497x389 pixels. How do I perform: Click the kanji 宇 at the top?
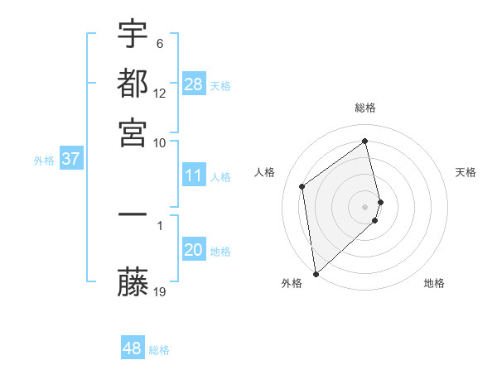133,35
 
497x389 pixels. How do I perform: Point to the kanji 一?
133,216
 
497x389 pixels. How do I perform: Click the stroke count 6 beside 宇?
159,43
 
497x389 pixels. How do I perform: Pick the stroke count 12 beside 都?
160,93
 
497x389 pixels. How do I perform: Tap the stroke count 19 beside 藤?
160,291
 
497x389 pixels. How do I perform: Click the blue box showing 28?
194,84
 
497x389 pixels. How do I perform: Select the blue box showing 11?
194,175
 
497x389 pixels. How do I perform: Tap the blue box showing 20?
194,251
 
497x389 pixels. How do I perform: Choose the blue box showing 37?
70,159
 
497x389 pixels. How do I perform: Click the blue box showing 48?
133,348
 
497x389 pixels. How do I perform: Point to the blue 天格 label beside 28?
220,86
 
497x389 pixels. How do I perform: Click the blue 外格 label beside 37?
44,161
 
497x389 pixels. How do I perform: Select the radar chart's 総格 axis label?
365,108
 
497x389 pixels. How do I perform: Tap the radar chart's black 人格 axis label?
265,172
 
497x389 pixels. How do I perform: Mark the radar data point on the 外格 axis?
315,273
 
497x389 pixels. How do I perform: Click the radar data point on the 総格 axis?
365,141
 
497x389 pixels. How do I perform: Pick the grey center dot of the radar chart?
365,206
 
